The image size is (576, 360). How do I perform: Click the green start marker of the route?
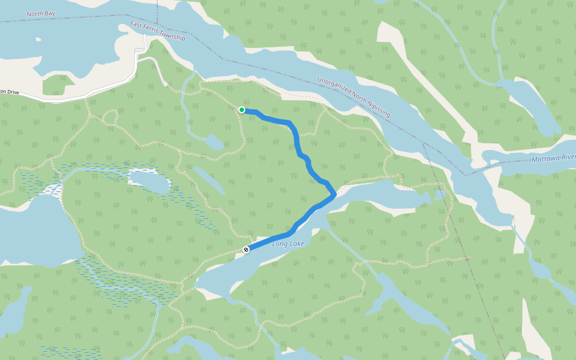241,110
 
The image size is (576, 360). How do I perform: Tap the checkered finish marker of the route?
246,249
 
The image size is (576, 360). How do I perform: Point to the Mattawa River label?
553,159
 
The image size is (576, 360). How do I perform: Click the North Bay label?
40,14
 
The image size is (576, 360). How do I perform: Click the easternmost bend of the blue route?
334,194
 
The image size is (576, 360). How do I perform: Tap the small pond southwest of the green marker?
213,143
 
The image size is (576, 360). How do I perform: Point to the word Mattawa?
544,160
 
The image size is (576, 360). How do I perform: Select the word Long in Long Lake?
280,244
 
